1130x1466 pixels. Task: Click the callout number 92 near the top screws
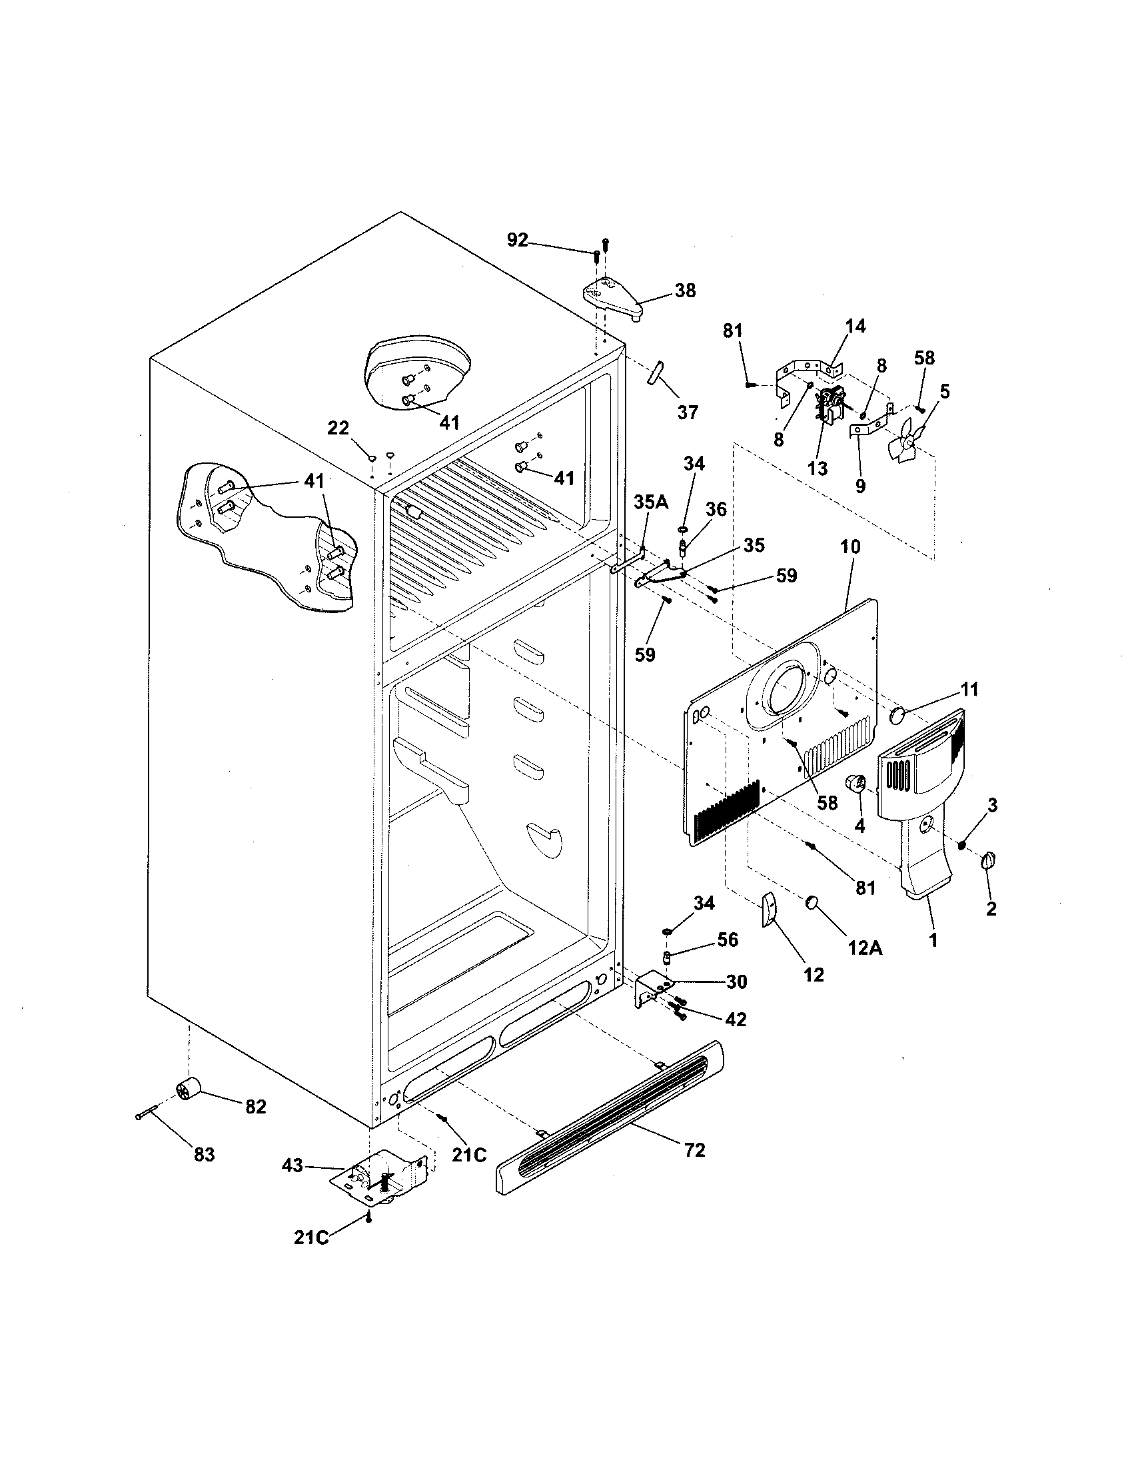pos(516,240)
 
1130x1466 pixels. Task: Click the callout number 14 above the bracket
pos(855,327)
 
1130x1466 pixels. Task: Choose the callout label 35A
pos(651,502)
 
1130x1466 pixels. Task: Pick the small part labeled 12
pos(769,910)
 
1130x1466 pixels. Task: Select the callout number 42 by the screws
pos(736,1019)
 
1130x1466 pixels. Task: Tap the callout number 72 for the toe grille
pos(695,1150)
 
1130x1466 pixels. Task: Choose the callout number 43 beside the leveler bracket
pos(292,1166)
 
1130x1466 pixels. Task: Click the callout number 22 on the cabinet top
pos(338,427)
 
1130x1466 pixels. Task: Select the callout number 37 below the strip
pos(688,411)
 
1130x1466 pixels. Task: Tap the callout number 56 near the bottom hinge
pos(728,940)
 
